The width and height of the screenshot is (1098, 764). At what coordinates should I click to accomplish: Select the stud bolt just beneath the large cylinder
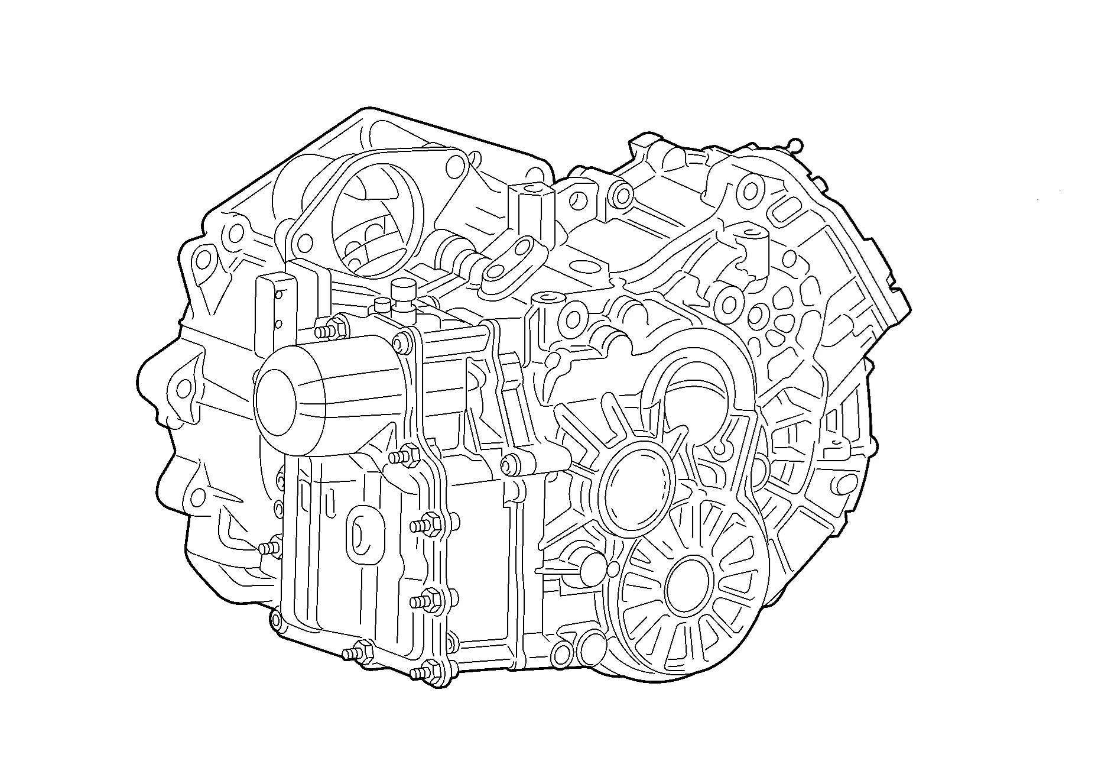[404, 456]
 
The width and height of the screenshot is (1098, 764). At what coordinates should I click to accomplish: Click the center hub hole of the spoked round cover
[687, 585]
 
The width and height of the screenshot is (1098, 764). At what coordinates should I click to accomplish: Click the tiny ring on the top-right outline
[795, 144]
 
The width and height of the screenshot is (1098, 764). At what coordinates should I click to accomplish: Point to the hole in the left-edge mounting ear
[184, 388]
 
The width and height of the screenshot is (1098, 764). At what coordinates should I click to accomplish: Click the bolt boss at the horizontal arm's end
[512, 463]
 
